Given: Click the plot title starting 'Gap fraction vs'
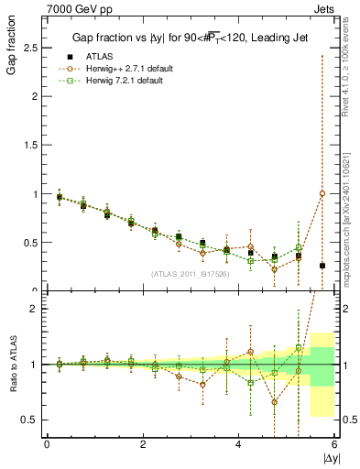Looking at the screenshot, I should tap(191, 38).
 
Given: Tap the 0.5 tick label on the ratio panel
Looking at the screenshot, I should tap(31, 420).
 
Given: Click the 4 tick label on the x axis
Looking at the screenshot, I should tap(239, 445).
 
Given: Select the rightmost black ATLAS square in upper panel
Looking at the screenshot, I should tap(322, 266).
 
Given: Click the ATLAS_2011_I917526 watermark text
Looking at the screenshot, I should tap(191, 273).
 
